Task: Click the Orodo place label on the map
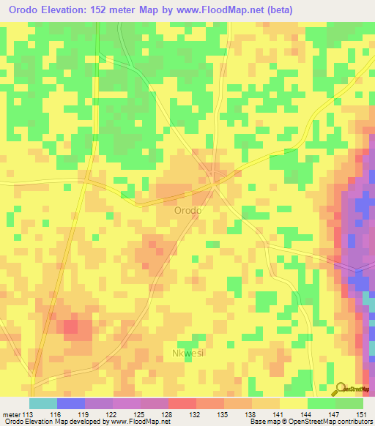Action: click(187, 210)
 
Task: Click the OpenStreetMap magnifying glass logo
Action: click(341, 389)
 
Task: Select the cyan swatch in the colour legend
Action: click(43, 403)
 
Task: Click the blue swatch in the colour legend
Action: click(71, 403)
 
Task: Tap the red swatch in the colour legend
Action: click(182, 403)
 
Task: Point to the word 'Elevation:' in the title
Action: click(72, 11)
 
